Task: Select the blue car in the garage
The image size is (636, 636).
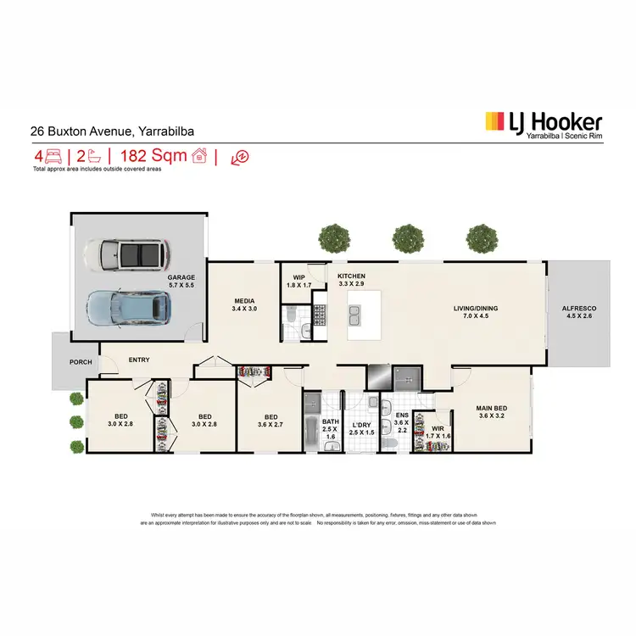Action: click(x=130, y=309)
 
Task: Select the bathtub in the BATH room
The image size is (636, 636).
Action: click(x=311, y=424)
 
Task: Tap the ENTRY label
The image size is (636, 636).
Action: click(x=139, y=360)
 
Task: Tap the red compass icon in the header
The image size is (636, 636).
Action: click(x=240, y=157)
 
